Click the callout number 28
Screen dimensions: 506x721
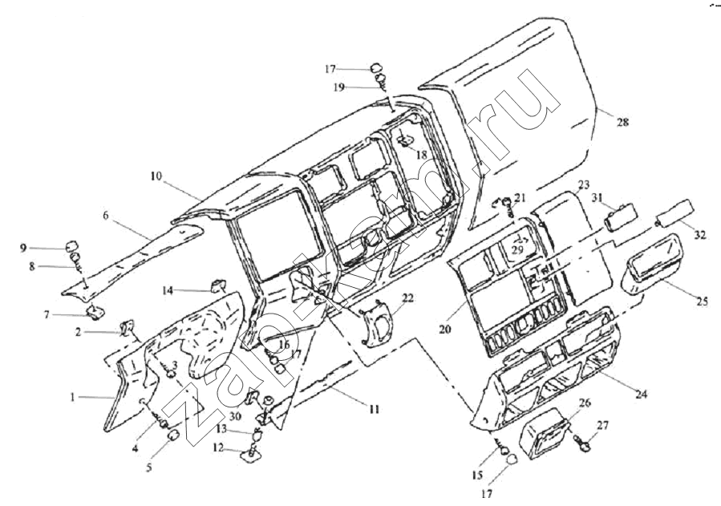point(622,122)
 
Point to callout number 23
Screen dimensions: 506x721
point(583,184)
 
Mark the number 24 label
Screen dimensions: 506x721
point(641,395)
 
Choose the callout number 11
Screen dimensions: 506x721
point(373,409)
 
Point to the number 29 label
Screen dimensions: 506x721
point(517,251)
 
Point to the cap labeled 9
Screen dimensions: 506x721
point(71,244)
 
